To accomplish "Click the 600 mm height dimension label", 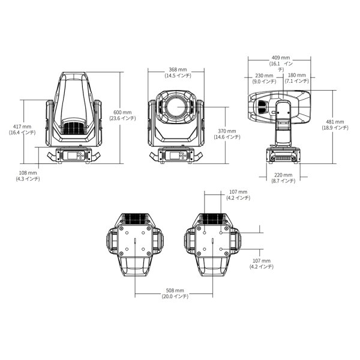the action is click(122, 113).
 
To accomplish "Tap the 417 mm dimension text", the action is click(22, 127).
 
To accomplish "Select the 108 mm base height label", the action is click(28, 173).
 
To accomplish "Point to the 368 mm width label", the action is click(178, 70).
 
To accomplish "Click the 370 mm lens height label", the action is click(227, 131).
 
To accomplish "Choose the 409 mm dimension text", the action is click(281, 58).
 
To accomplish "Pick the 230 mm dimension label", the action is click(264, 76).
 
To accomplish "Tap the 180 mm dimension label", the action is click(297, 75).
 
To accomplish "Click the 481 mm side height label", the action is click(335, 122).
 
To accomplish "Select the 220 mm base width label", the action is click(283, 175).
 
